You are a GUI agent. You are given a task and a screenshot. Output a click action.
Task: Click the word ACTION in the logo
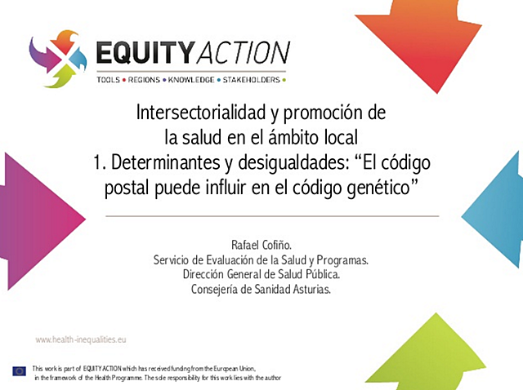click(x=242, y=53)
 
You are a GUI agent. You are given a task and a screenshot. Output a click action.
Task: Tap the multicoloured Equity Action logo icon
click(x=57, y=59)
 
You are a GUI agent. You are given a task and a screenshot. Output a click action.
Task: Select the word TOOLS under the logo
click(x=108, y=81)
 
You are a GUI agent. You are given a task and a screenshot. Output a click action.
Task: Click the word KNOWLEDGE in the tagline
click(x=192, y=81)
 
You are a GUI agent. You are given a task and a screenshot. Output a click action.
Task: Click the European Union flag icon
click(x=19, y=371)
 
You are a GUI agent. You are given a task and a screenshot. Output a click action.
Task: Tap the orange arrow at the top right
click(x=429, y=33)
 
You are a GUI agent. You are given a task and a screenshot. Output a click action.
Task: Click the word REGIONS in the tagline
click(x=145, y=81)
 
